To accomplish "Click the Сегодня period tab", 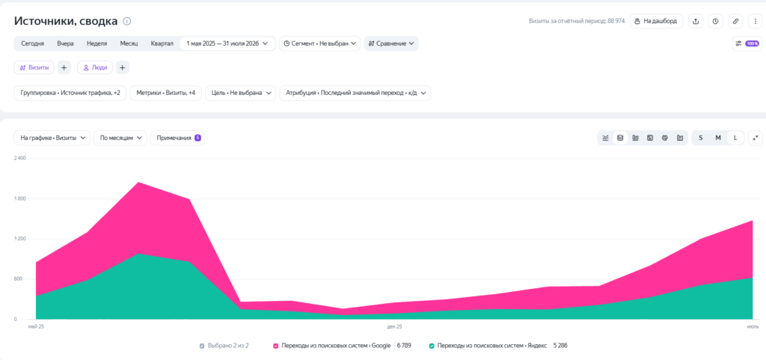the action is [33, 43].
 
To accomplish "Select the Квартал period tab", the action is [162, 43].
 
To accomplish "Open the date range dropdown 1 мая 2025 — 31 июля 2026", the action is [227, 43].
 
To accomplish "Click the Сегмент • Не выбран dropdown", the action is [320, 43].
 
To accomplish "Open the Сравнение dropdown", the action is [391, 43].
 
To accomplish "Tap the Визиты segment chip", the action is [34, 68].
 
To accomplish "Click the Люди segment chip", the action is [95, 68].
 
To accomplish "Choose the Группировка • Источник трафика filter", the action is [70, 93].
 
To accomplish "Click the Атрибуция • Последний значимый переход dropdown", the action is [355, 93].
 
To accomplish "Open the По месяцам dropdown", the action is [120, 138].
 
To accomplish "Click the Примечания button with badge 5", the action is [178, 138].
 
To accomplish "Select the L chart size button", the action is [735, 138].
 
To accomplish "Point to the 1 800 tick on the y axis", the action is [20, 199].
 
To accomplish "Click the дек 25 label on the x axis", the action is [394, 326].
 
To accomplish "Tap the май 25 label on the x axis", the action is [36, 326].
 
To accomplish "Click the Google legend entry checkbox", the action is [276, 346].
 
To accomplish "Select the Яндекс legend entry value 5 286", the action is [560, 345].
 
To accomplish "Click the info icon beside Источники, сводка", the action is [127, 22].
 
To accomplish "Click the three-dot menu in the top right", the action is [756, 22].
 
